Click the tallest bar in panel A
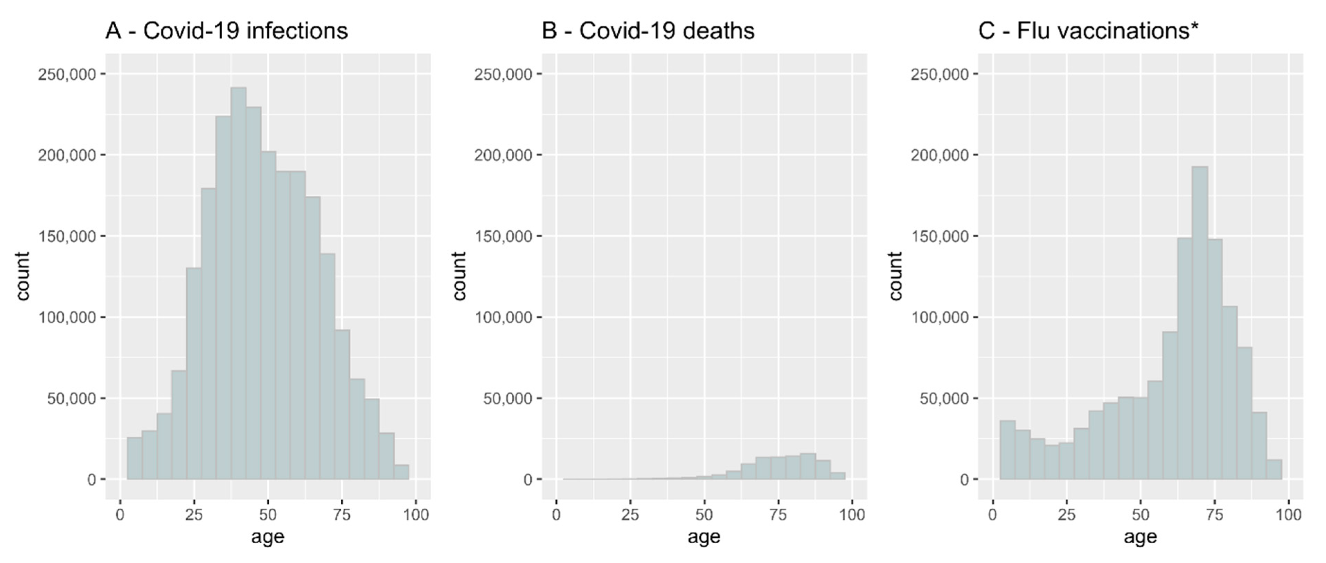click(x=238, y=283)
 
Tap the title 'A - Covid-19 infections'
click(x=226, y=31)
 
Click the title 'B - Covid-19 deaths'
click(x=648, y=31)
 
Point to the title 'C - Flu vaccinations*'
click(x=1088, y=31)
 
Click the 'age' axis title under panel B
click(x=704, y=537)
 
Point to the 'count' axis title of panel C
click(x=895, y=276)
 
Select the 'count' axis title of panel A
click(x=23, y=276)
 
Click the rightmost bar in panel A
click(x=402, y=472)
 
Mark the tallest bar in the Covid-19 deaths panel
click(x=808, y=467)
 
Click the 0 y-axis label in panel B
click(x=528, y=480)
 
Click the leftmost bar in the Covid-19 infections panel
click(x=134, y=458)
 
